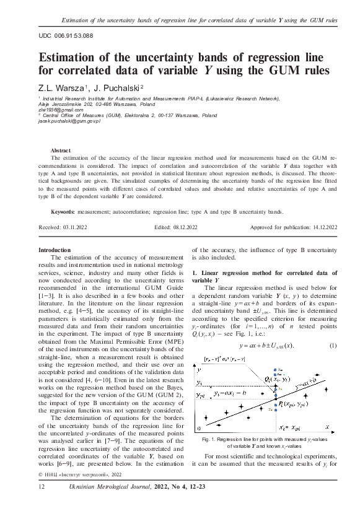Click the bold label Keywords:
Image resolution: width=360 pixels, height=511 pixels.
pos(64,212)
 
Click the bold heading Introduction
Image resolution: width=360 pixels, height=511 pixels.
pos(55,250)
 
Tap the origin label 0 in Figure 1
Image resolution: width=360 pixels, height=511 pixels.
pos(198,427)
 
